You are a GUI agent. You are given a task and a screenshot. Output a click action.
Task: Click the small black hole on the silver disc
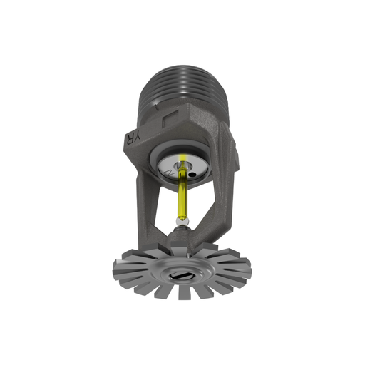[192, 171]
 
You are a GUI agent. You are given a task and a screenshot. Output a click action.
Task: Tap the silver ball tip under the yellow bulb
[183, 225]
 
